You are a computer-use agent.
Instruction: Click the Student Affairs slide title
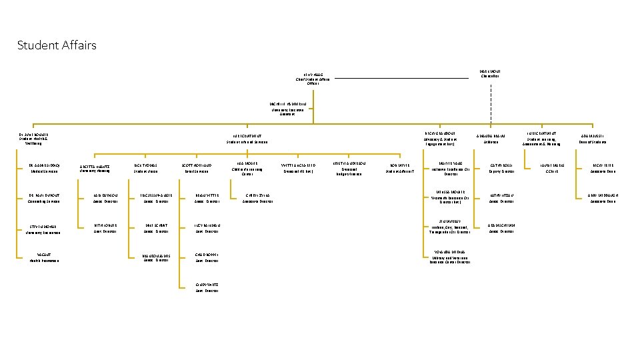pyautogui.click(x=57, y=45)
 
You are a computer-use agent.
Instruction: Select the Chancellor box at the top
pyautogui.click(x=490, y=73)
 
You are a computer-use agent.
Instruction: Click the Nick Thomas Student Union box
pyautogui.click(x=145, y=168)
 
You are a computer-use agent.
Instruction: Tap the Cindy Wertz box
pyautogui.click(x=207, y=287)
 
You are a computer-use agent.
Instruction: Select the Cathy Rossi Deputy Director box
pyautogui.click(x=501, y=168)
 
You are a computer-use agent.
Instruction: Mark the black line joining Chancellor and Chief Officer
pyautogui.click(x=400, y=79)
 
